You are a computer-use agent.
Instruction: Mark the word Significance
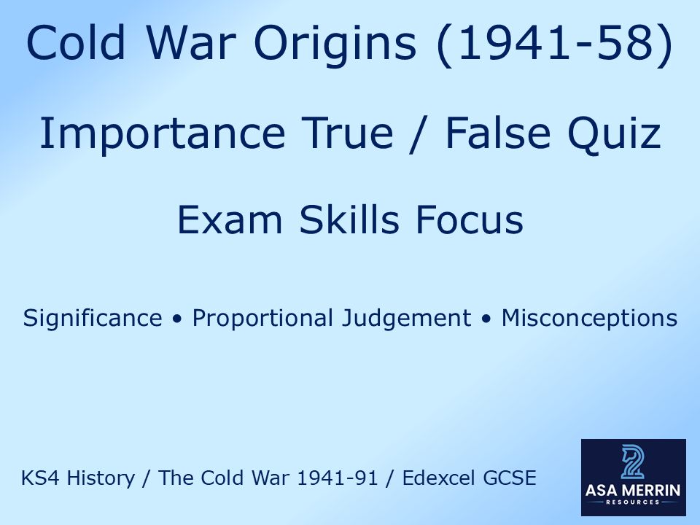point(93,319)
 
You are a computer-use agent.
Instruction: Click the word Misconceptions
point(589,319)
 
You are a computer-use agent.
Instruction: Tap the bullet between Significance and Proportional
point(177,319)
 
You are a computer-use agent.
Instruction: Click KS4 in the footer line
point(36,478)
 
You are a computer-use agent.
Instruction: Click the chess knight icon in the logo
point(632,462)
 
